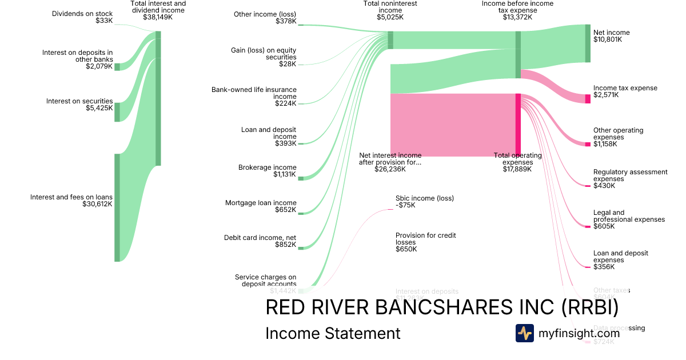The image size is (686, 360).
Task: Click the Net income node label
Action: click(612, 33)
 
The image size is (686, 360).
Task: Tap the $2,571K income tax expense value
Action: click(606, 95)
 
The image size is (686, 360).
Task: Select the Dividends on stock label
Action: click(82, 14)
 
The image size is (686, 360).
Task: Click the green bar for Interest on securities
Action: click(117, 112)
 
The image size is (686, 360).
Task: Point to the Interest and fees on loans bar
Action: click(117, 207)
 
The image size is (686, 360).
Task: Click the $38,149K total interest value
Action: click(158, 17)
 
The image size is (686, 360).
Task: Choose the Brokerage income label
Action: click(267, 167)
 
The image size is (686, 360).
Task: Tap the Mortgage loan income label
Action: click(261, 203)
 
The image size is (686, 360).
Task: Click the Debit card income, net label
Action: click(260, 238)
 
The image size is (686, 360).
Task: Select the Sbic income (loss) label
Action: click(425, 198)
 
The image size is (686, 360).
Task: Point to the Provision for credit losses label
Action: click(425, 239)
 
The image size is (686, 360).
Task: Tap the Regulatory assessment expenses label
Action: click(630, 175)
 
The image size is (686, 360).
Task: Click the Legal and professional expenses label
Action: click(629, 216)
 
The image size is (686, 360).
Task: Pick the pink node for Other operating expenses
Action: click(588, 144)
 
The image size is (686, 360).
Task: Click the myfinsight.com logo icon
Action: click(524, 333)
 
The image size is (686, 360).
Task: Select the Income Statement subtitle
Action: click(333, 333)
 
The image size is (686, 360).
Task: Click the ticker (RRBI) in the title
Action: click(589, 307)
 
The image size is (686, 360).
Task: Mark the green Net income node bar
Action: click(588, 43)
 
